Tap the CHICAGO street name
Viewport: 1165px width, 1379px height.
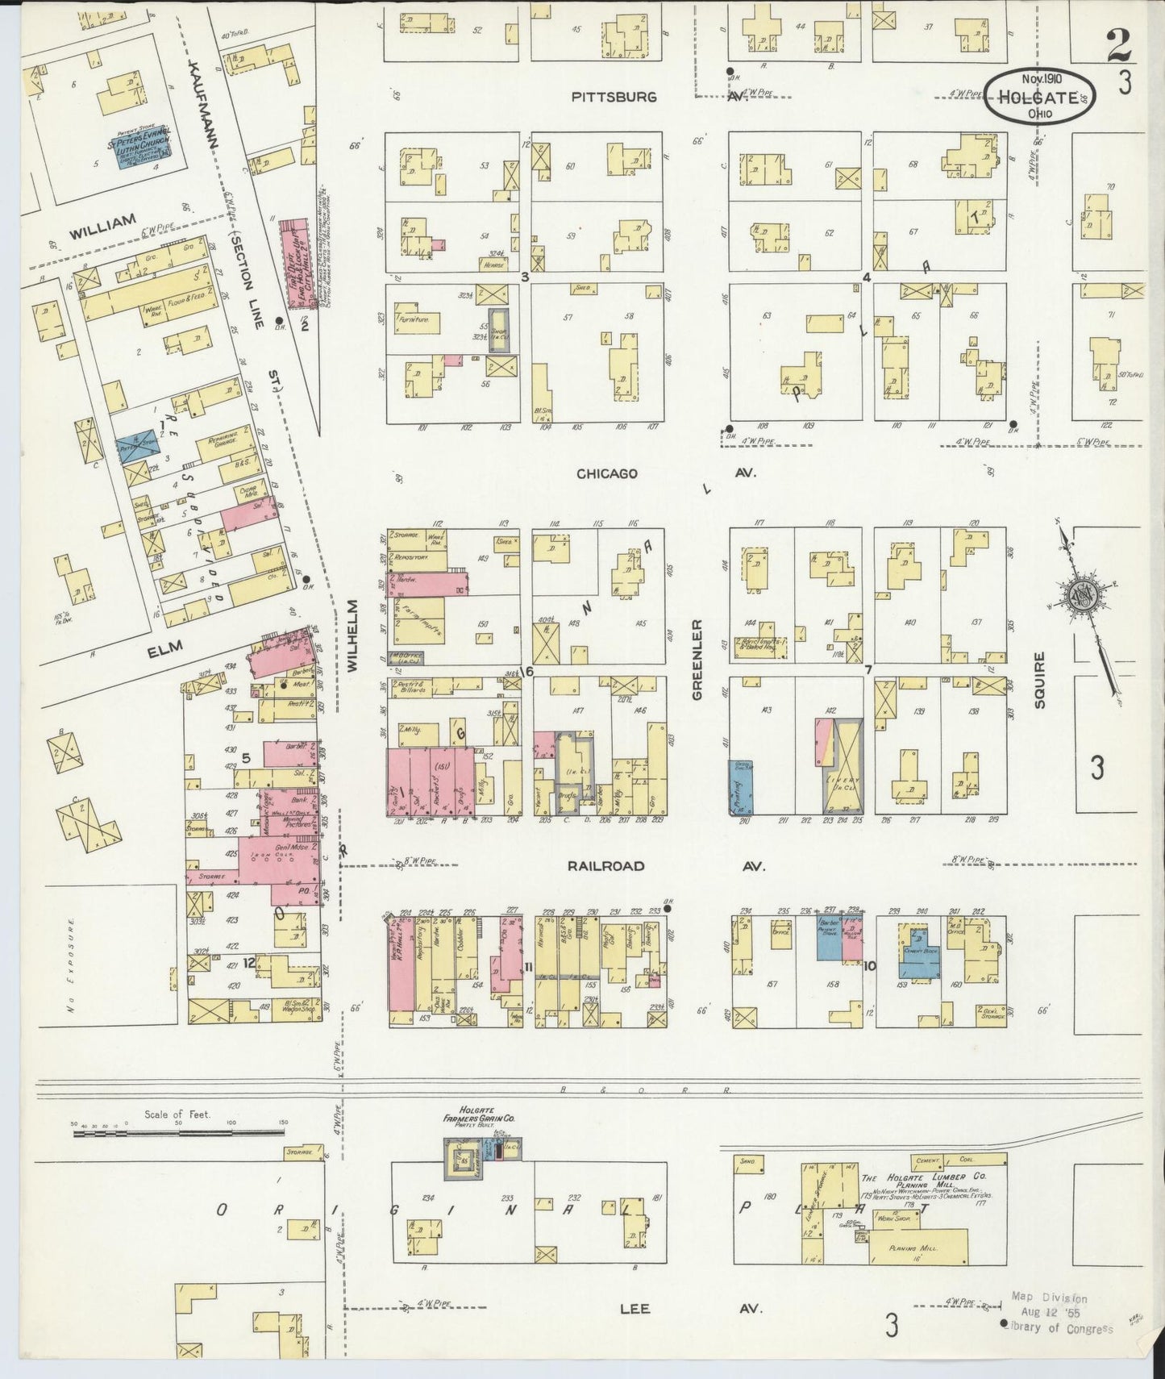pos(607,473)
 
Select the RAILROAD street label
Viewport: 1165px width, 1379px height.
pos(605,866)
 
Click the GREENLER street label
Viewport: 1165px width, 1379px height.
pos(698,660)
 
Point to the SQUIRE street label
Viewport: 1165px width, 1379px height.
pos(1039,681)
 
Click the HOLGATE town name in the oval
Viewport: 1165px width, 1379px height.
pos(1038,98)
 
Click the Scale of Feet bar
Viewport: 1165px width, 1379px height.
pos(177,1133)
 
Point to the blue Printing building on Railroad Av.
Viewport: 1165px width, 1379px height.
pos(741,787)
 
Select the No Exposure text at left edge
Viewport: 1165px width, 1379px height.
pos(72,965)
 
